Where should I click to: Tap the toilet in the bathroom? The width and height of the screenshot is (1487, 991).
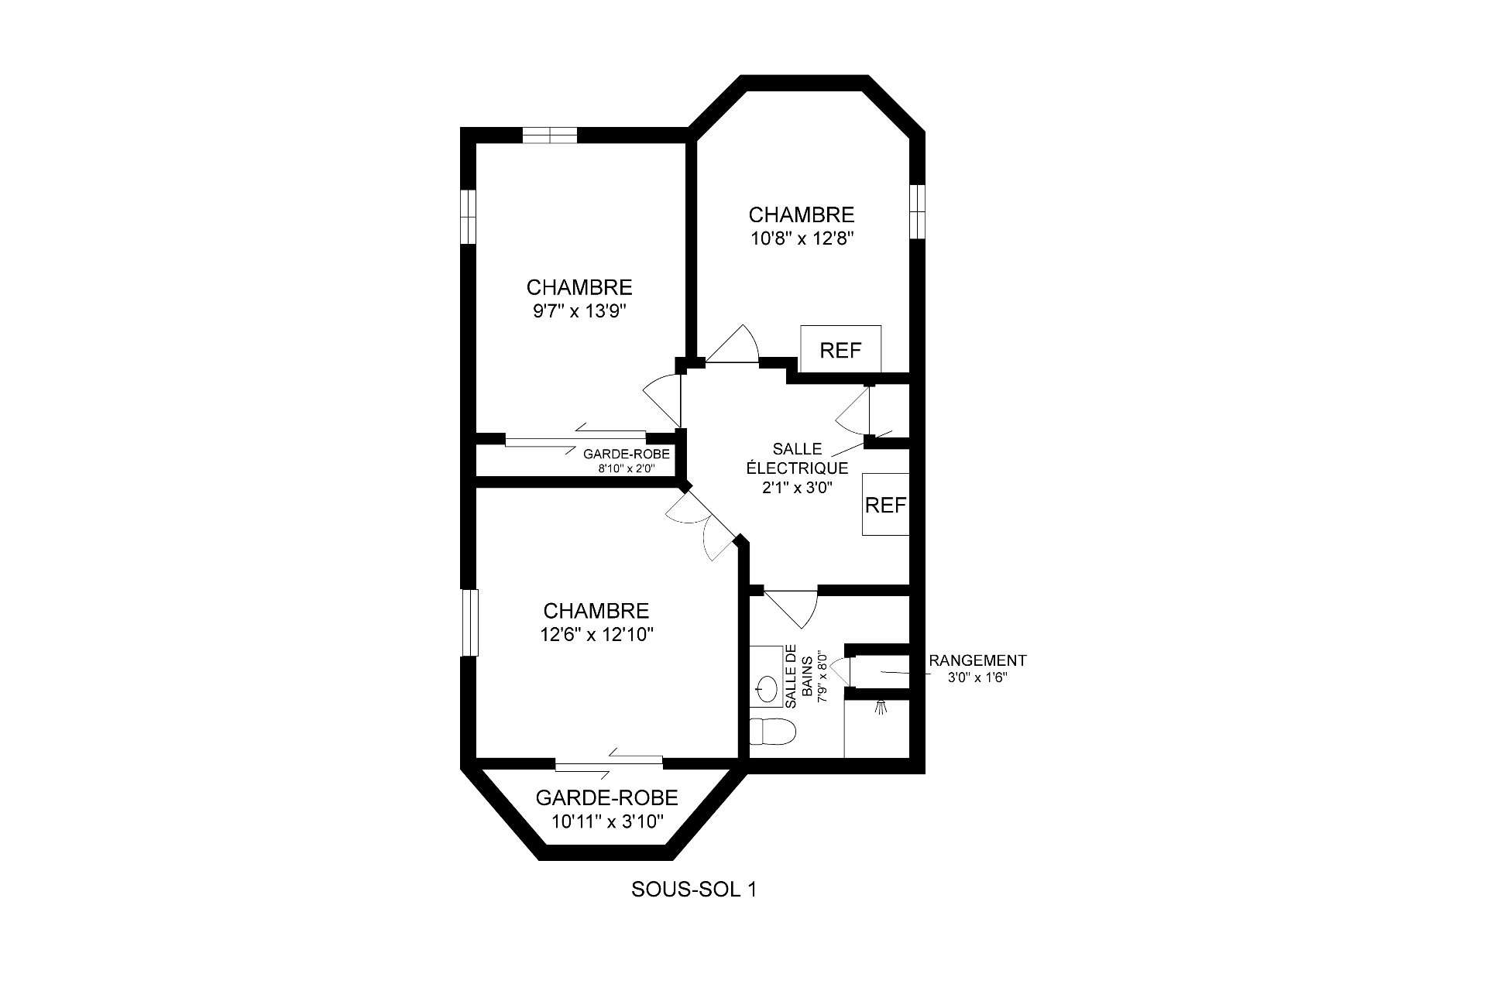point(773,731)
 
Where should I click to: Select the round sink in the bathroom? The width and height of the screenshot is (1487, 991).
point(767,688)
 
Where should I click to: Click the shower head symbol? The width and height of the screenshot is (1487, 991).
point(879,707)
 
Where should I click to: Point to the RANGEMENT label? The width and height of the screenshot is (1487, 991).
point(977,660)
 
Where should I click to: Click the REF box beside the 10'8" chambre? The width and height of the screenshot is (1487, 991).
point(840,351)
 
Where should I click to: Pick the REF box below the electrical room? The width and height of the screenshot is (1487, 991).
point(886,504)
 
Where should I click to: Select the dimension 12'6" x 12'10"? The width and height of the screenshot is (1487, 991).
point(597,635)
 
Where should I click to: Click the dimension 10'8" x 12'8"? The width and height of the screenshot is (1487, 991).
point(802,238)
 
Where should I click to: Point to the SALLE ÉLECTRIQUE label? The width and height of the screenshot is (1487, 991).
point(797,458)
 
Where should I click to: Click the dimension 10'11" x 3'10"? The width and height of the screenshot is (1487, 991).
point(608,821)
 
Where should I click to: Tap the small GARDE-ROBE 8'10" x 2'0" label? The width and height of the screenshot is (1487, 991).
point(627,461)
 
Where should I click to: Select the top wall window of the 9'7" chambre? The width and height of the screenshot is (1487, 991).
point(550,135)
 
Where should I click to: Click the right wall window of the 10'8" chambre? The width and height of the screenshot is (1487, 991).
point(917,211)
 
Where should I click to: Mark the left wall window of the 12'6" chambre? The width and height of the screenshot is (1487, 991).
point(469,623)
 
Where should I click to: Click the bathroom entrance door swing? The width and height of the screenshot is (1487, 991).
point(791,609)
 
